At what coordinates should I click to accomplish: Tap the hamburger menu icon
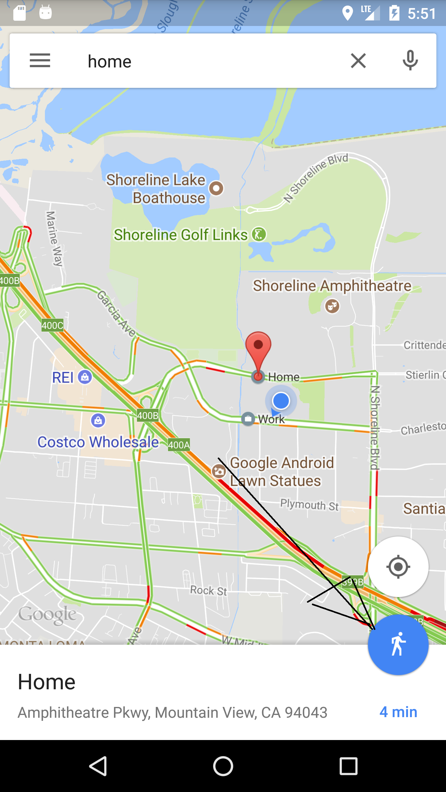[40, 60]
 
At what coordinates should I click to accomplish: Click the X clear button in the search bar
[358, 60]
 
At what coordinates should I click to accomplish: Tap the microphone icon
[410, 60]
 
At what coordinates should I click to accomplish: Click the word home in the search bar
[110, 61]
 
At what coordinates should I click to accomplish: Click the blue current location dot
[281, 401]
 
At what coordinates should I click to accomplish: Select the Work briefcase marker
[248, 419]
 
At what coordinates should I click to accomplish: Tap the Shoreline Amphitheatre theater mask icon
[332, 306]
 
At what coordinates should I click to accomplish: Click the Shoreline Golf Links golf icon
[259, 234]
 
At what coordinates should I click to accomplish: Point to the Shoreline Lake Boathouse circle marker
[216, 188]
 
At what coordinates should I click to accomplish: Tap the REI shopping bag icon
[85, 377]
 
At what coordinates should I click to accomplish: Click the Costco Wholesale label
[98, 442]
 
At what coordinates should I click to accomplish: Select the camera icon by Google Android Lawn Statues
[219, 471]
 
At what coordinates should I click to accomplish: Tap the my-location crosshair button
[398, 567]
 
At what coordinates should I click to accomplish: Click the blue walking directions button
[398, 645]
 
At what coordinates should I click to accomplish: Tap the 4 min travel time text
[398, 712]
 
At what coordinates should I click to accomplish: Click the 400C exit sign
[53, 325]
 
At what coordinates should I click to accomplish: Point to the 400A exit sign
[179, 445]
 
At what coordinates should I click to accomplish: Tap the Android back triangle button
[98, 766]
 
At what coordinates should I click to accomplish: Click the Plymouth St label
[309, 505]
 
